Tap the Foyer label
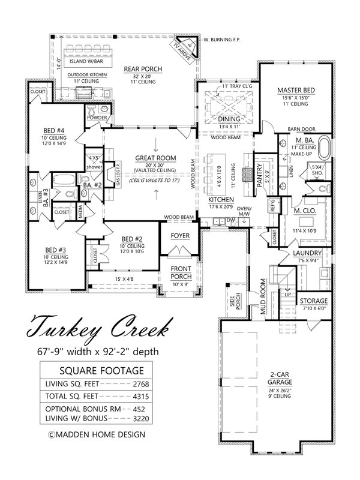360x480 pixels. click(x=180, y=235)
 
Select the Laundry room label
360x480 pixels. click(x=308, y=253)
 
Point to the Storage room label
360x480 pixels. click(x=314, y=301)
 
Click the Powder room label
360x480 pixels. click(x=97, y=118)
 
